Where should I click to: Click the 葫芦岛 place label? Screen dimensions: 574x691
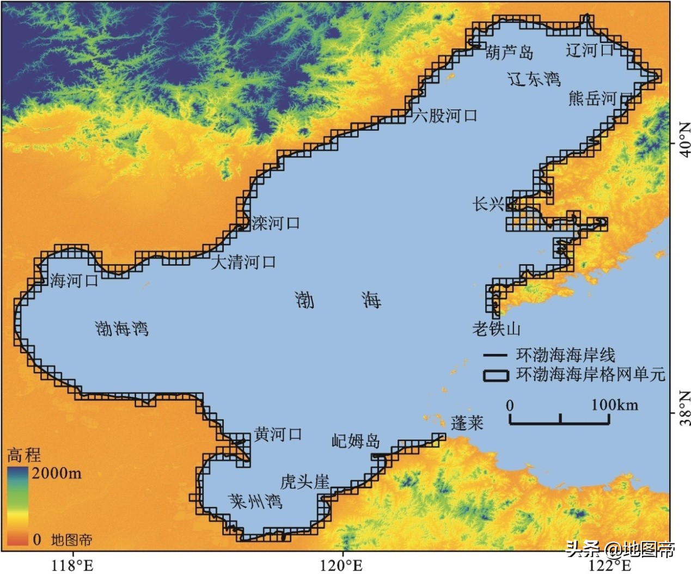click(x=510, y=52)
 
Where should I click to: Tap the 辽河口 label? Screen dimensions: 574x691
click(x=590, y=50)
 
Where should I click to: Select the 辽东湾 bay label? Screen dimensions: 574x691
click(x=534, y=79)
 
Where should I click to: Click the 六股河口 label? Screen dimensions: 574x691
click(x=444, y=115)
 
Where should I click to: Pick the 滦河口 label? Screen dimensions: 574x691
click(x=276, y=223)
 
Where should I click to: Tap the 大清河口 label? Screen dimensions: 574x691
click(x=243, y=262)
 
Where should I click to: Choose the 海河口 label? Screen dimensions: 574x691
click(x=74, y=280)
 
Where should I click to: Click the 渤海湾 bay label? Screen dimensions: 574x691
click(x=121, y=328)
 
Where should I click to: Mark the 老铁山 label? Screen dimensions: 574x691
click(x=496, y=328)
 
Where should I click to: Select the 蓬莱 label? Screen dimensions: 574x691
click(x=467, y=423)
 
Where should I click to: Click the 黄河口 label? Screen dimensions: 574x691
click(x=278, y=434)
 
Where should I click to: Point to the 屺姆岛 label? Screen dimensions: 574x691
click(x=356, y=441)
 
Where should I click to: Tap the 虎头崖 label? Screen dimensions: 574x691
click(x=305, y=481)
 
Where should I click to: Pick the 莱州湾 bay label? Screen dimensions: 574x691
click(x=255, y=500)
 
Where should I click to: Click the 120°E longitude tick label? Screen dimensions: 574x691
click(x=342, y=565)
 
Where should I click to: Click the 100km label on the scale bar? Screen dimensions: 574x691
click(x=615, y=405)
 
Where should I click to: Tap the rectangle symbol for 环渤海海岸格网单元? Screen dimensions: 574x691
click(x=496, y=375)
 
